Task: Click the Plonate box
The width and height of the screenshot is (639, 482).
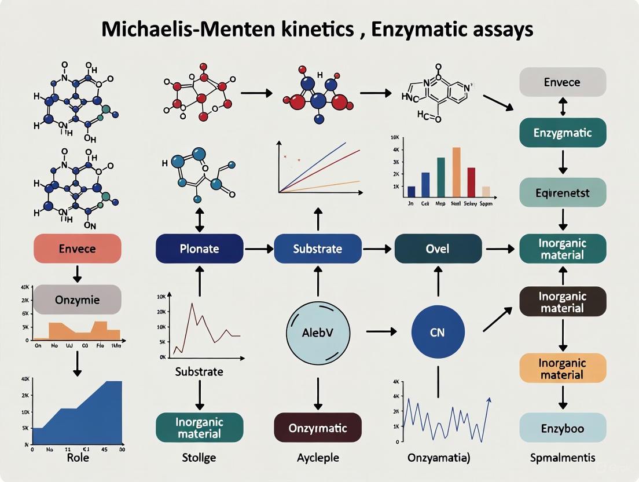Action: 199,249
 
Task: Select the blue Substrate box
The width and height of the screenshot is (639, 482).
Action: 317,249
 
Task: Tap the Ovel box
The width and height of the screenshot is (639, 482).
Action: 438,249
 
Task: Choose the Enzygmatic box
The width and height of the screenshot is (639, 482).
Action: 563,133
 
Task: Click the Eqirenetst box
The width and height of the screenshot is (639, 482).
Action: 563,192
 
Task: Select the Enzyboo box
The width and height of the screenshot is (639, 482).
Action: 563,429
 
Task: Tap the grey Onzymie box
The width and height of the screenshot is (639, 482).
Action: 78,300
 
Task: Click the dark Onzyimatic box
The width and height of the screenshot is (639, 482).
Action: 317,428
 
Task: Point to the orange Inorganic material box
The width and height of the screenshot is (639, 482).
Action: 563,368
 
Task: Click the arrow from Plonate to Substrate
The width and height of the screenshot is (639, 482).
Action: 258,249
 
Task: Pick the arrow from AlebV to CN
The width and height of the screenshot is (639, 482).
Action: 381,331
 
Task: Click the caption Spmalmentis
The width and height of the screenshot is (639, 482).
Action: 563,458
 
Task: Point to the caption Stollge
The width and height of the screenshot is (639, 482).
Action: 199,458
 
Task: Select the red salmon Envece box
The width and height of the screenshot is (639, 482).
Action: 78,249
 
